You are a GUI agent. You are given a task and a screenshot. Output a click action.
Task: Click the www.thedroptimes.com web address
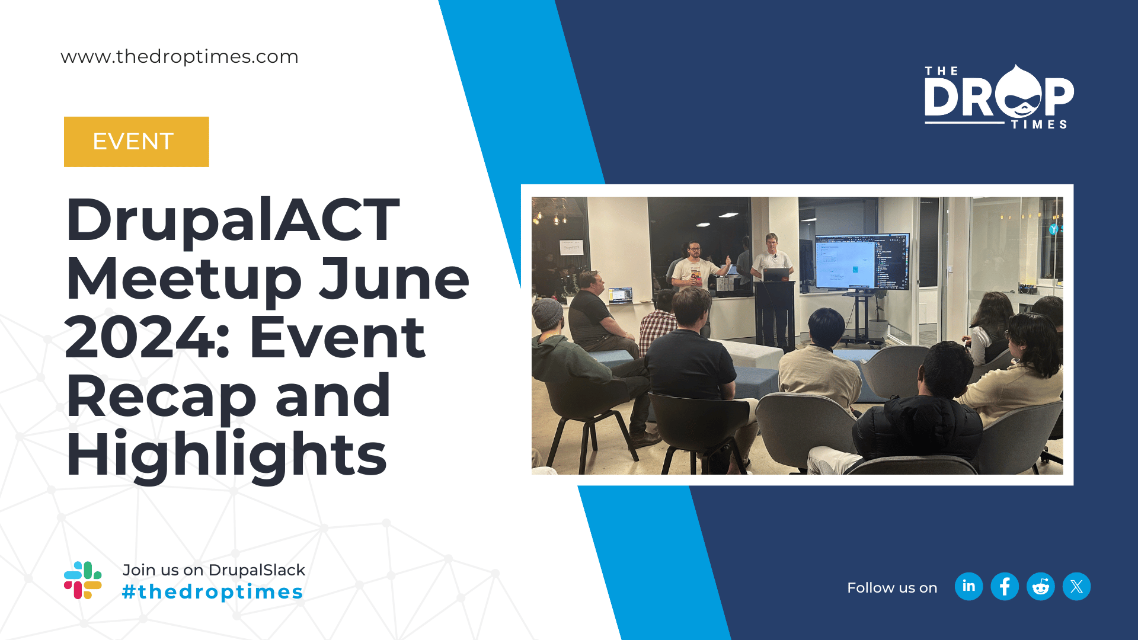click(x=180, y=56)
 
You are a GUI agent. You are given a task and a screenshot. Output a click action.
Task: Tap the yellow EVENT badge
click(x=136, y=142)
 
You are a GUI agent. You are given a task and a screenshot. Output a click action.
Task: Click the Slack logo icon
click(x=83, y=580)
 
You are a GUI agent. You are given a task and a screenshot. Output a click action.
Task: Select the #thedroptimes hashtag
click(x=213, y=591)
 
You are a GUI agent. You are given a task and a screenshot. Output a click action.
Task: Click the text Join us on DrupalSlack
click(x=213, y=569)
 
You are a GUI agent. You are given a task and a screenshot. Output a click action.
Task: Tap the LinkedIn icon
click(x=969, y=587)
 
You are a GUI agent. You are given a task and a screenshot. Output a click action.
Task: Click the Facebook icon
click(x=1005, y=587)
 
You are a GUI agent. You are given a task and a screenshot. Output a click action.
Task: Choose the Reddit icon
click(x=1041, y=587)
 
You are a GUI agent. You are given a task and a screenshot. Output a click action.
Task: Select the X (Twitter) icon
click(x=1076, y=587)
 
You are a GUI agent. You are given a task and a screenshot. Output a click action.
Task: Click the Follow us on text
click(x=892, y=588)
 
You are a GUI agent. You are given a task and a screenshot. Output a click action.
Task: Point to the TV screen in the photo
click(x=862, y=261)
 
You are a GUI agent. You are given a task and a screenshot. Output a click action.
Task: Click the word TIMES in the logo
click(x=1039, y=124)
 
